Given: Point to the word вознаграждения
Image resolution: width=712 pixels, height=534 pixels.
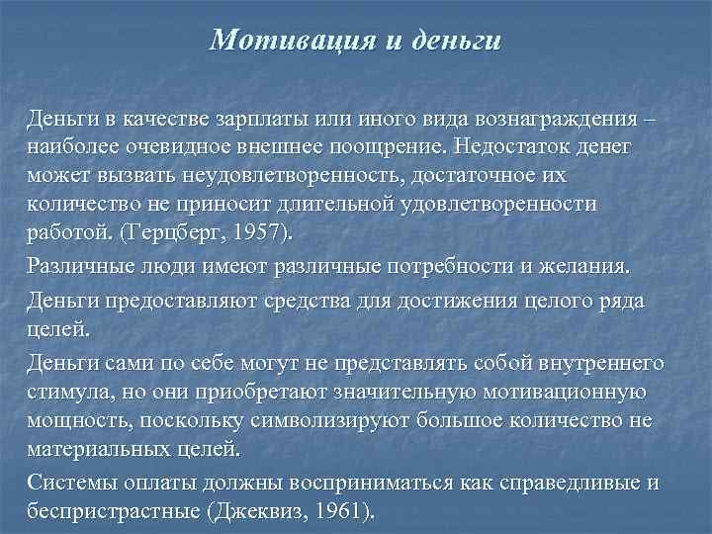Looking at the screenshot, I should tap(542, 121).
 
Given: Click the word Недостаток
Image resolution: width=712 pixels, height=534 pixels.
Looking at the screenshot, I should tap(509, 147).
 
